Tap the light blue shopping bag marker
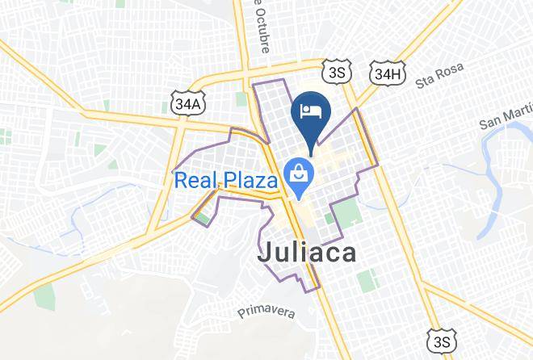299,177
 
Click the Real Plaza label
226,178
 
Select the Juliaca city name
307,253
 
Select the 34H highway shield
387,74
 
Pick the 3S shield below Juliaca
439,342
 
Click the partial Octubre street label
260,24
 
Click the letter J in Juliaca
264,253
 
